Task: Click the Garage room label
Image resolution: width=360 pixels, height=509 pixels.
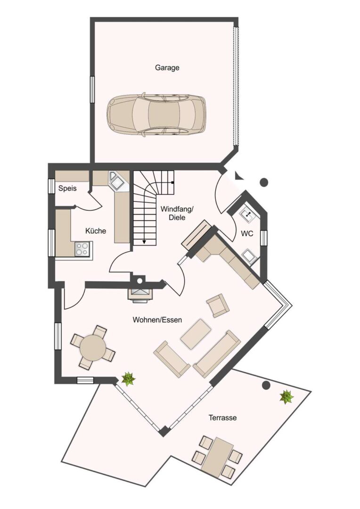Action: pos(167,67)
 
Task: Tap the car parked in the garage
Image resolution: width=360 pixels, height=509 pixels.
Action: pos(156,115)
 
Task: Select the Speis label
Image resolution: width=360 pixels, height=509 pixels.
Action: pos(67,189)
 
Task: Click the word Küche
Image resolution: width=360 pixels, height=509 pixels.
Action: pos(96,231)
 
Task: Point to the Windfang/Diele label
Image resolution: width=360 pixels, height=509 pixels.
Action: pos(177,213)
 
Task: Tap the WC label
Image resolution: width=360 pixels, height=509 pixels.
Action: pos(247,233)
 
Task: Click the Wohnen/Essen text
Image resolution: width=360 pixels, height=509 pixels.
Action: pos(157,320)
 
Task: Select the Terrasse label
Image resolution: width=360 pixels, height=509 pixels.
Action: pos(222,418)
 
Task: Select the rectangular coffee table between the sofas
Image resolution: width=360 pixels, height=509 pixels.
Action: pos(196,334)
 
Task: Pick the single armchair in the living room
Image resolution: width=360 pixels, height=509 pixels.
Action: pos(218,305)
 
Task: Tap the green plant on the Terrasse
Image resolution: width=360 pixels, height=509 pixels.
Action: pos(286,396)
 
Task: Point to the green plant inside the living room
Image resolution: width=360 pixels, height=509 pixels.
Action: pos(128,378)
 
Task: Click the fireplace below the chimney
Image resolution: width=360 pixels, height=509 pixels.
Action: pos(139,295)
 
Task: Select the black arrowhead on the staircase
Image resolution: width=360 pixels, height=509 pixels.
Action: pos(144,242)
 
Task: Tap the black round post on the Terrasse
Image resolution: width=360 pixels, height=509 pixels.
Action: pos(266,386)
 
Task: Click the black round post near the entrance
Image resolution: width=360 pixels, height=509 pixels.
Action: pos(264,181)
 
